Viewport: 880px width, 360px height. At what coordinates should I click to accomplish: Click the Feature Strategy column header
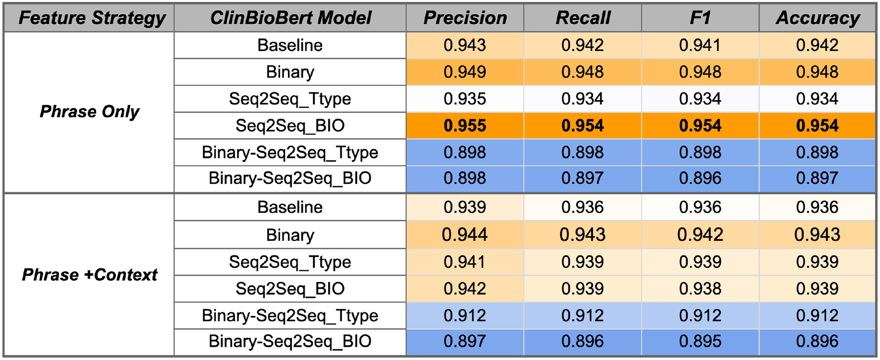tap(91, 18)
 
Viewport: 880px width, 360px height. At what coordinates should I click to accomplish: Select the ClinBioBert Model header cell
tap(290, 18)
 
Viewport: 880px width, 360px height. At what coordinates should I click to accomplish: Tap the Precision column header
tap(465, 18)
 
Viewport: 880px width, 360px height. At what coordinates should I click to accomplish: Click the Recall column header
tap(583, 18)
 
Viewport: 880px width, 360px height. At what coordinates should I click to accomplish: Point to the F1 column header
tap(700, 18)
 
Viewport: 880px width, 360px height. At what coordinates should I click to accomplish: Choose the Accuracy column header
tap(817, 18)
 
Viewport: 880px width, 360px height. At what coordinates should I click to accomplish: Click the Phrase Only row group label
tap(89, 112)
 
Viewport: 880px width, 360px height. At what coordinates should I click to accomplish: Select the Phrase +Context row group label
tap(89, 275)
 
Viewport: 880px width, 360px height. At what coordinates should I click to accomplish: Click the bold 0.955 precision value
tap(465, 126)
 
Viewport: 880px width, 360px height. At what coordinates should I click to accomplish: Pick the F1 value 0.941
tap(700, 45)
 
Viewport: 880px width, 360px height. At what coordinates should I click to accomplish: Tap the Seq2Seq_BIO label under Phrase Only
tap(290, 126)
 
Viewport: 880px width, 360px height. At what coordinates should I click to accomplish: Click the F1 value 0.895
tap(700, 342)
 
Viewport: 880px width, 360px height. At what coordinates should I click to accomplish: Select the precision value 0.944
tap(465, 234)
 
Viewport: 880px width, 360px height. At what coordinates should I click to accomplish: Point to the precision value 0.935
tap(465, 99)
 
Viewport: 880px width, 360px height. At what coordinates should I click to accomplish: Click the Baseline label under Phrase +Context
tap(290, 207)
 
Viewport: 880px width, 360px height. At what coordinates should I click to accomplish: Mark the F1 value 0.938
tap(700, 288)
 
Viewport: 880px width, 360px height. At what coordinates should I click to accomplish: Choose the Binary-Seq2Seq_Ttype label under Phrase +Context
tap(290, 315)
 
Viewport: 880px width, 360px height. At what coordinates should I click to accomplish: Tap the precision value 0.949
tap(465, 72)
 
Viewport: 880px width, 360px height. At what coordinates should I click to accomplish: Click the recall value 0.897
tap(583, 178)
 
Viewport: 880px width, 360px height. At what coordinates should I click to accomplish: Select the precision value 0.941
tap(465, 262)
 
